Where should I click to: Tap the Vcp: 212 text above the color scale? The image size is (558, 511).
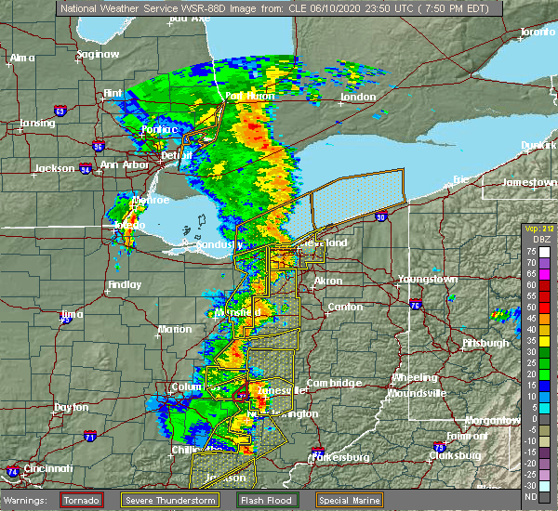(x=538, y=229)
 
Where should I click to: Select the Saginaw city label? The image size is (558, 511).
(x=99, y=54)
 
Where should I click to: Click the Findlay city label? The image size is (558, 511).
(x=125, y=284)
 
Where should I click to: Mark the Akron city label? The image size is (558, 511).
(x=327, y=280)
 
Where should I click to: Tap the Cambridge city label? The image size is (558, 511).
(x=332, y=383)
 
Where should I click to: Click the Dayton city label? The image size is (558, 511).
(x=72, y=407)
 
